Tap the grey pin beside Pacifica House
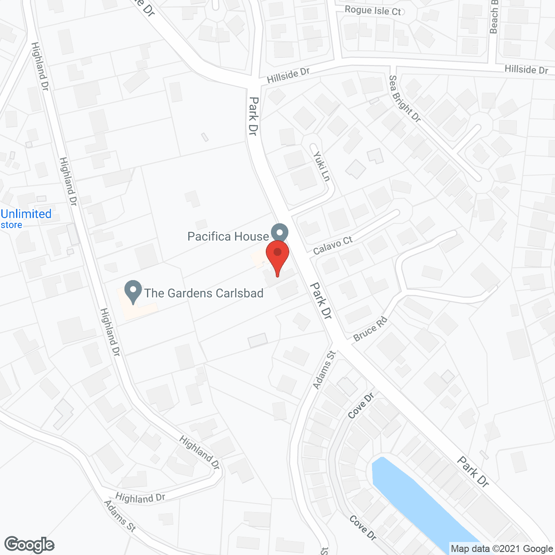click(x=280, y=232)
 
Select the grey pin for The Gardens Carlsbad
click(x=133, y=291)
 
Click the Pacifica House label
click(x=228, y=236)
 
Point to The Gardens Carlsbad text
click(x=204, y=293)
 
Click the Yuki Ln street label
click(x=322, y=166)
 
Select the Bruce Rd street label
click(x=370, y=329)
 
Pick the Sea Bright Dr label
click(x=405, y=98)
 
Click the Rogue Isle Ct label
click(x=373, y=10)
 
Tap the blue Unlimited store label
click(x=26, y=219)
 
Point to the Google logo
click(x=29, y=545)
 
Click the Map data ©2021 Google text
click(x=502, y=549)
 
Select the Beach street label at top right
click(x=494, y=17)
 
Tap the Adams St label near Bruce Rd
click(x=324, y=370)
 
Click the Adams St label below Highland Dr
click(x=120, y=516)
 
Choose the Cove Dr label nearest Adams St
click(x=361, y=406)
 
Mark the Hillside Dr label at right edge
click(x=526, y=69)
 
